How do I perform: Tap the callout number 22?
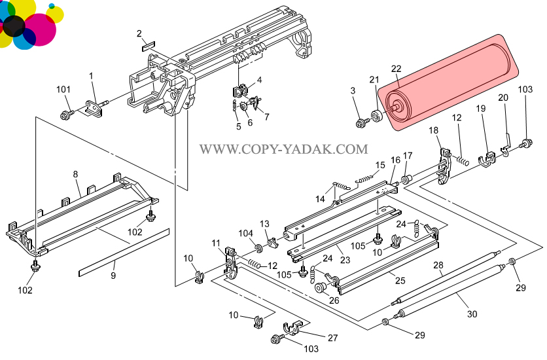(396, 69)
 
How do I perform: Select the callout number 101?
(63, 90)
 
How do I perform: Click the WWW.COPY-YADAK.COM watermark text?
(283, 149)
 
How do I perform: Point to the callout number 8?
(75, 174)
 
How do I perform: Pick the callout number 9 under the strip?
(113, 276)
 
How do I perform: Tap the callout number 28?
(438, 264)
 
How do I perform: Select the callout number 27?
(333, 338)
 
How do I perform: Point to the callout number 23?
(345, 260)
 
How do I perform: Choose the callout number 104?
(245, 233)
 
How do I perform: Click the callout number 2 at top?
(139, 33)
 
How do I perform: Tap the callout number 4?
(259, 80)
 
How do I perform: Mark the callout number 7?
(266, 117)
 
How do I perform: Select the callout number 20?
(503, 98)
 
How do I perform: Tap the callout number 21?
(374, 80)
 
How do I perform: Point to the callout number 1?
(92, 76)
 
